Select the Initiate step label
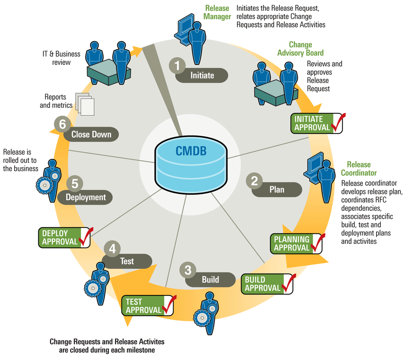pos(202,76)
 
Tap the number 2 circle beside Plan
pos(254,181)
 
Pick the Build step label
pos(210,280)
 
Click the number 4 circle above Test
pos(112,248)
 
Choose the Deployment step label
pos(85,197)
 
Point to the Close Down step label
pos(91,134)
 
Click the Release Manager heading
pos(217,12)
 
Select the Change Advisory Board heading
pos(300,49)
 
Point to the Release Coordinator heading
pos(358,169)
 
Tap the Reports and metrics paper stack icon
pos(85,104)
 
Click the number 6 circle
pos(62,124)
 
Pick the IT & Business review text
pos(61,58)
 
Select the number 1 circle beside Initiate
pos(177,66)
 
